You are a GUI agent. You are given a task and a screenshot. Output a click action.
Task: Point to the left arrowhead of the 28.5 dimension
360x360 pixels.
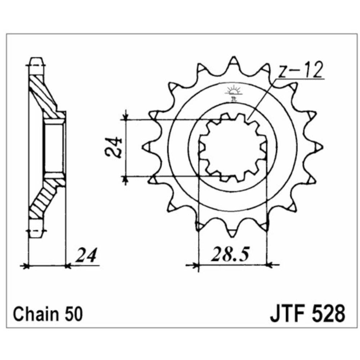click(x=196, y=266)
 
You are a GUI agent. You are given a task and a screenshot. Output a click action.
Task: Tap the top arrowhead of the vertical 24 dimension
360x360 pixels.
click(x=125, y=116)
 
